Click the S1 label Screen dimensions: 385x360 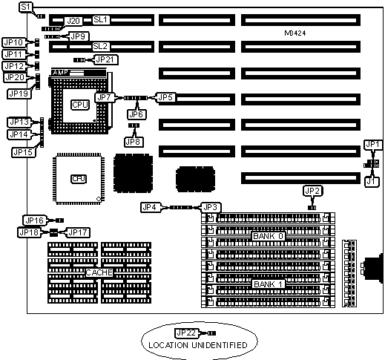pyautogui.click(x=26, y=7)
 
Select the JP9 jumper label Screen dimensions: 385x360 pyautogui.click(x=78, y=36)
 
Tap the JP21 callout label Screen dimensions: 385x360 pyautogui.click(x=105, y=59)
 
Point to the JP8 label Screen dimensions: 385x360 pyautogui.click(x=134, y=142)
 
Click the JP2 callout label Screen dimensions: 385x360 pyautogui.click(x=312, y=191)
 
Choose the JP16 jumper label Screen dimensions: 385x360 pyautogui.click(x=35, y=220)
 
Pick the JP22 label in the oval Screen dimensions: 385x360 pyautogui.click(x=186, y=333)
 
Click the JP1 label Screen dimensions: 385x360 pyautogui.click(x=372, y=145)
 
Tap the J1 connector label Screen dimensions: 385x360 pyautogui.click(x=372, y=182)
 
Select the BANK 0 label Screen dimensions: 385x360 pyautogui.click(x=268, y=236)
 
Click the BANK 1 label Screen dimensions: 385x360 pyautogui.click(x=268, y=284)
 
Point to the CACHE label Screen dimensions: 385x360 pyautogui.click(x=99, y=272)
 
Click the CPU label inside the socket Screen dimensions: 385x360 pyautogui.click(x=79, y=105)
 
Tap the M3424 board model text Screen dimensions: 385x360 pyautogui.click(x=295, y=33)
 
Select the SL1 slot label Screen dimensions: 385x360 pyautogui.click(x=100, y=20)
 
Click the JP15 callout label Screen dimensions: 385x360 pyautogui.click(x=23, y=152)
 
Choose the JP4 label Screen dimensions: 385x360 pyautogui.click(x=151, y=207)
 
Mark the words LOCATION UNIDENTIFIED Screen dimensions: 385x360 pyautogui.click(x=198, y=345)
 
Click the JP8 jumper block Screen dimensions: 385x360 pyautogui.click(x=134, y=125)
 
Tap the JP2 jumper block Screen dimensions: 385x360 pyautogui.click(x=312, y=208)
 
